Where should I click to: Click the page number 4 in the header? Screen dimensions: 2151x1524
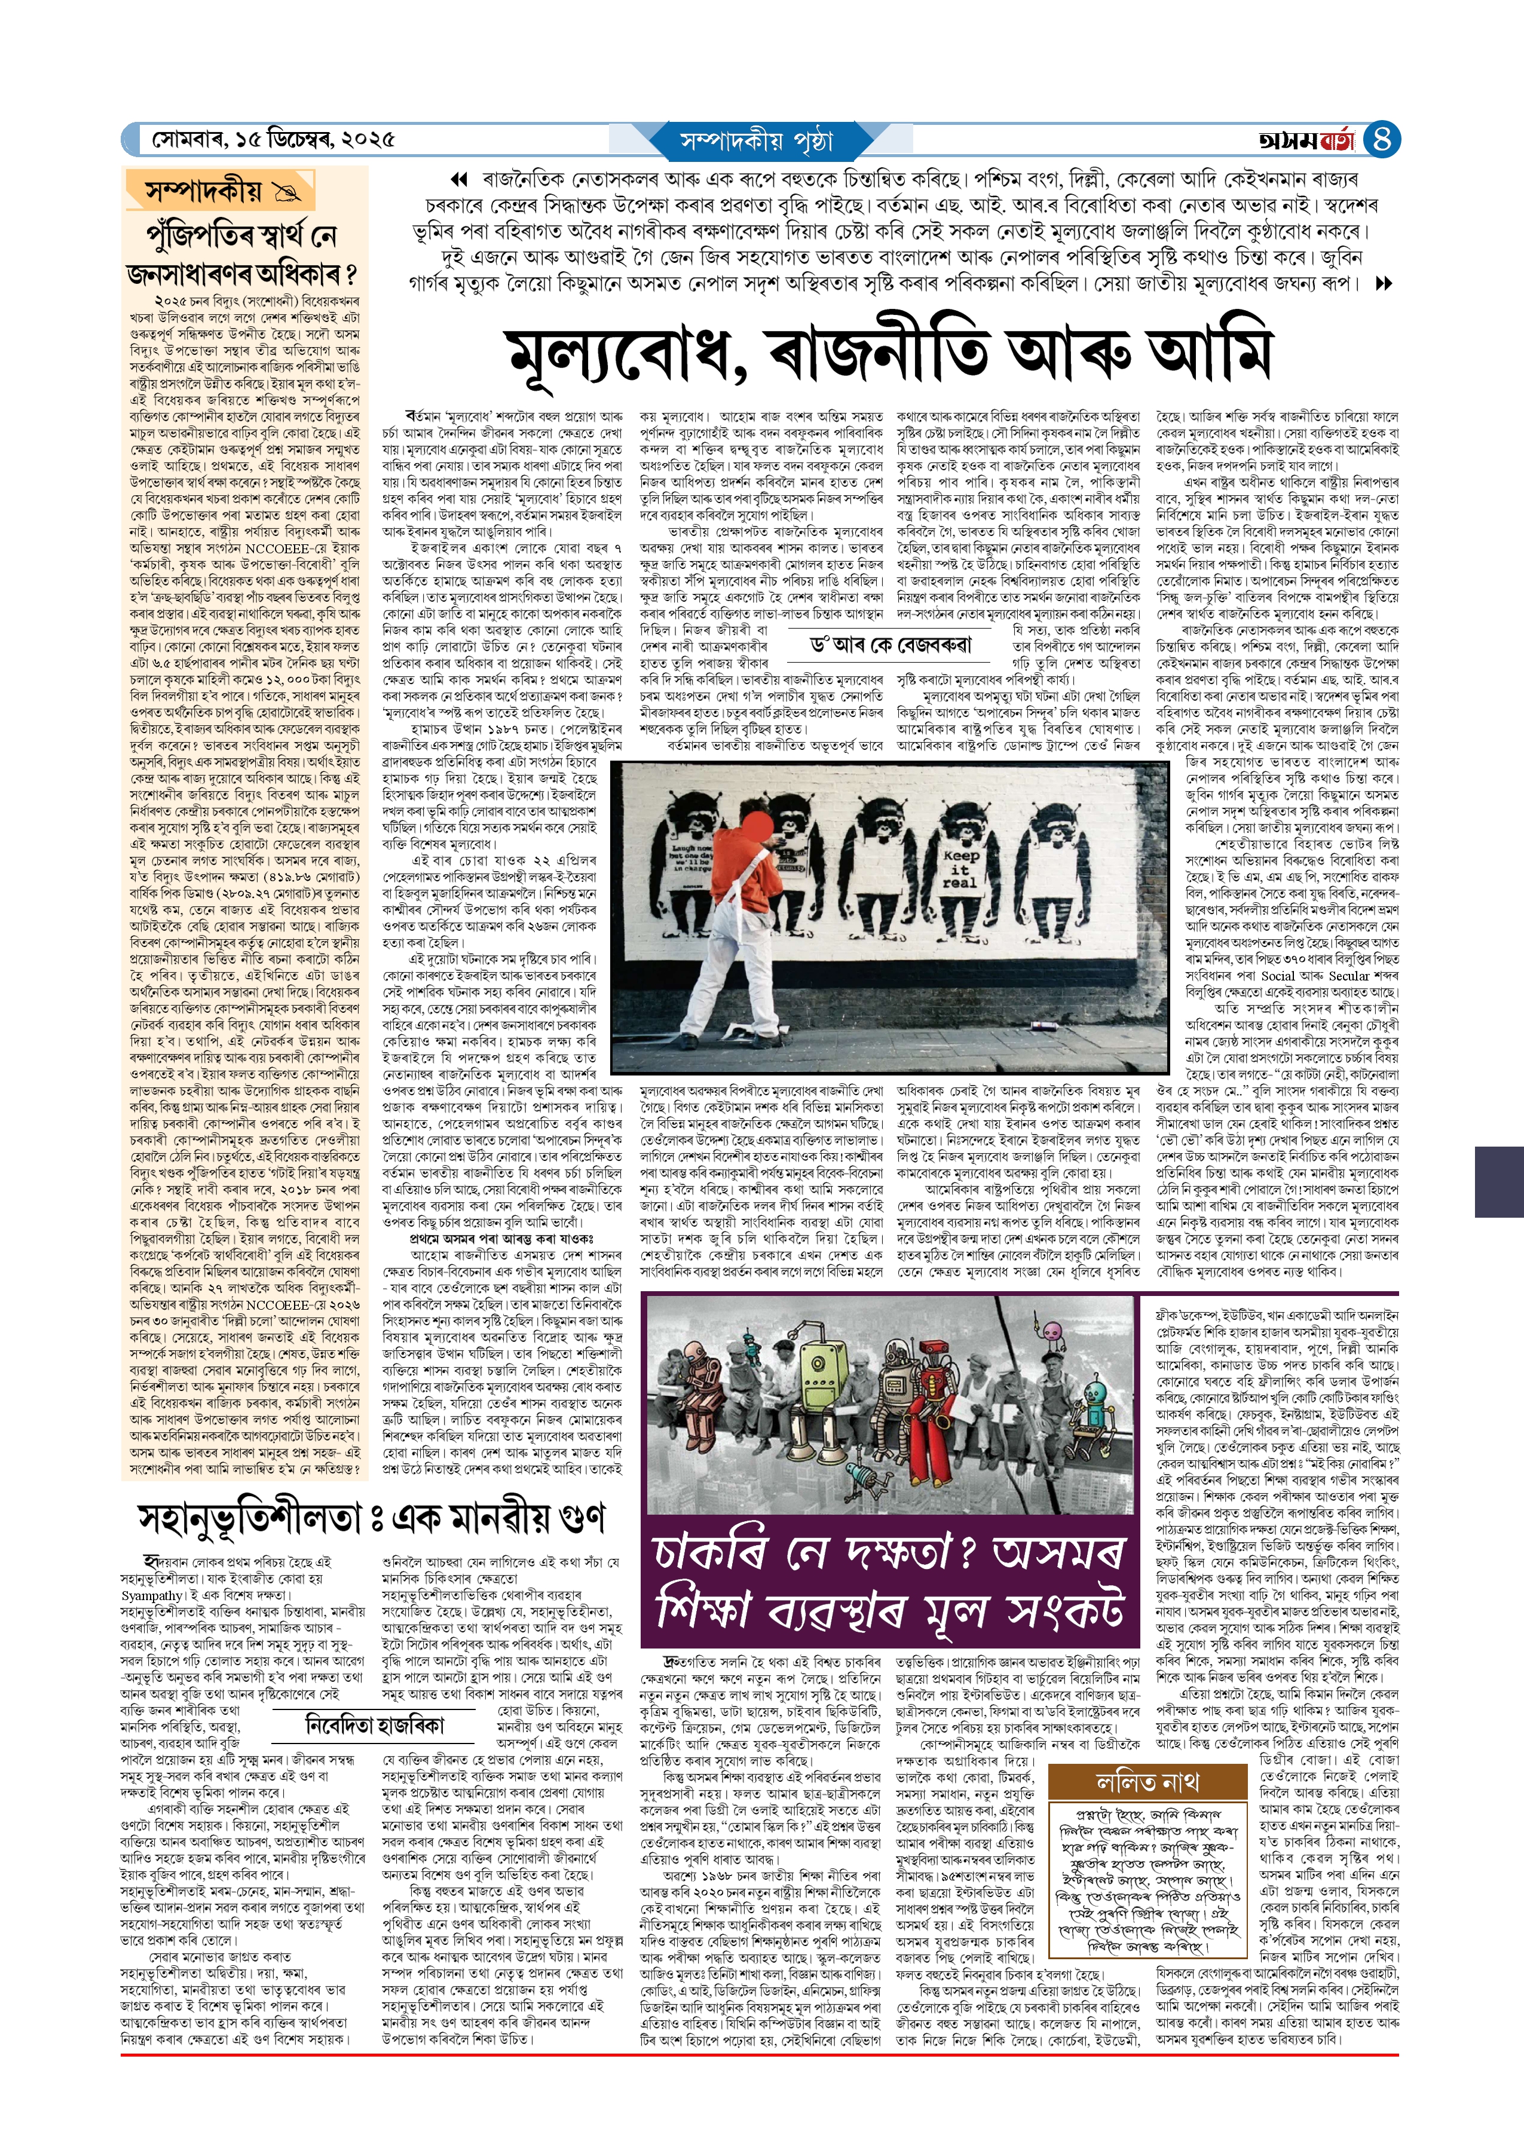(1381, 140)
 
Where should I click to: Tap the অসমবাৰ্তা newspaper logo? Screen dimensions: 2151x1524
(1307, 140)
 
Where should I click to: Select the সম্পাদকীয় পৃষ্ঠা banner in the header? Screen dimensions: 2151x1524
(757, 140)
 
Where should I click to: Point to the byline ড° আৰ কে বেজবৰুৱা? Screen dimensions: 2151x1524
(890, 645)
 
